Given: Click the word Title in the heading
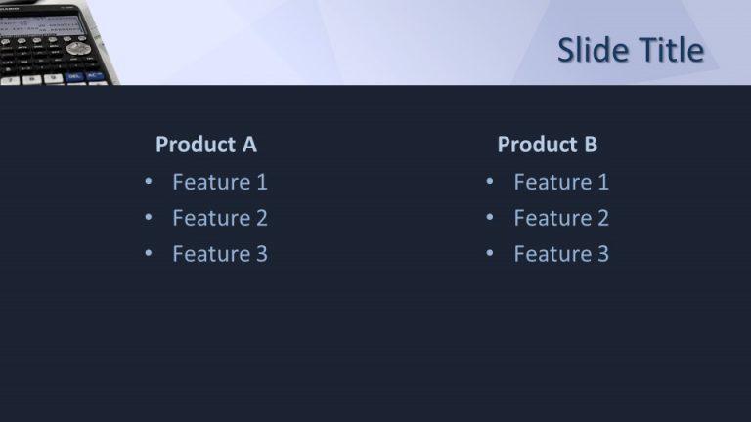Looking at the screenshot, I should point(669,51).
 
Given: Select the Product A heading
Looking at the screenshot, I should point(205,145).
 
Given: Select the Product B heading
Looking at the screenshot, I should point(547,145).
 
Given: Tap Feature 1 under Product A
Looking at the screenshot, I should point(219,182).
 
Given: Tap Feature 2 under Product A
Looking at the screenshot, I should point(219,218).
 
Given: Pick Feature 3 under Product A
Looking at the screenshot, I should point(219,254).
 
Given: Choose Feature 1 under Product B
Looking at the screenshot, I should point(560,182).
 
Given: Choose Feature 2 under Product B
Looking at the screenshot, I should point(560,218).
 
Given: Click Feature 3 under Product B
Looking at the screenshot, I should point(560,254).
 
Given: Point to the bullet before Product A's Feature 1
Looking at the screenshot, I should point(148,182).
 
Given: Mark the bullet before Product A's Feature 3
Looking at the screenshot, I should point(148,254).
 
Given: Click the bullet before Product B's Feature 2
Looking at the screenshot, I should point(489,218).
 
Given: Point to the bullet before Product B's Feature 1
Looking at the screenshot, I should point(489,182).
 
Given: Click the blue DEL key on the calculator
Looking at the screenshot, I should point(74,76).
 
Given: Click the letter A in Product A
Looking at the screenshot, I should point(248,145).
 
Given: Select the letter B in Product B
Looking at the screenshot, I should point(590,145).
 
